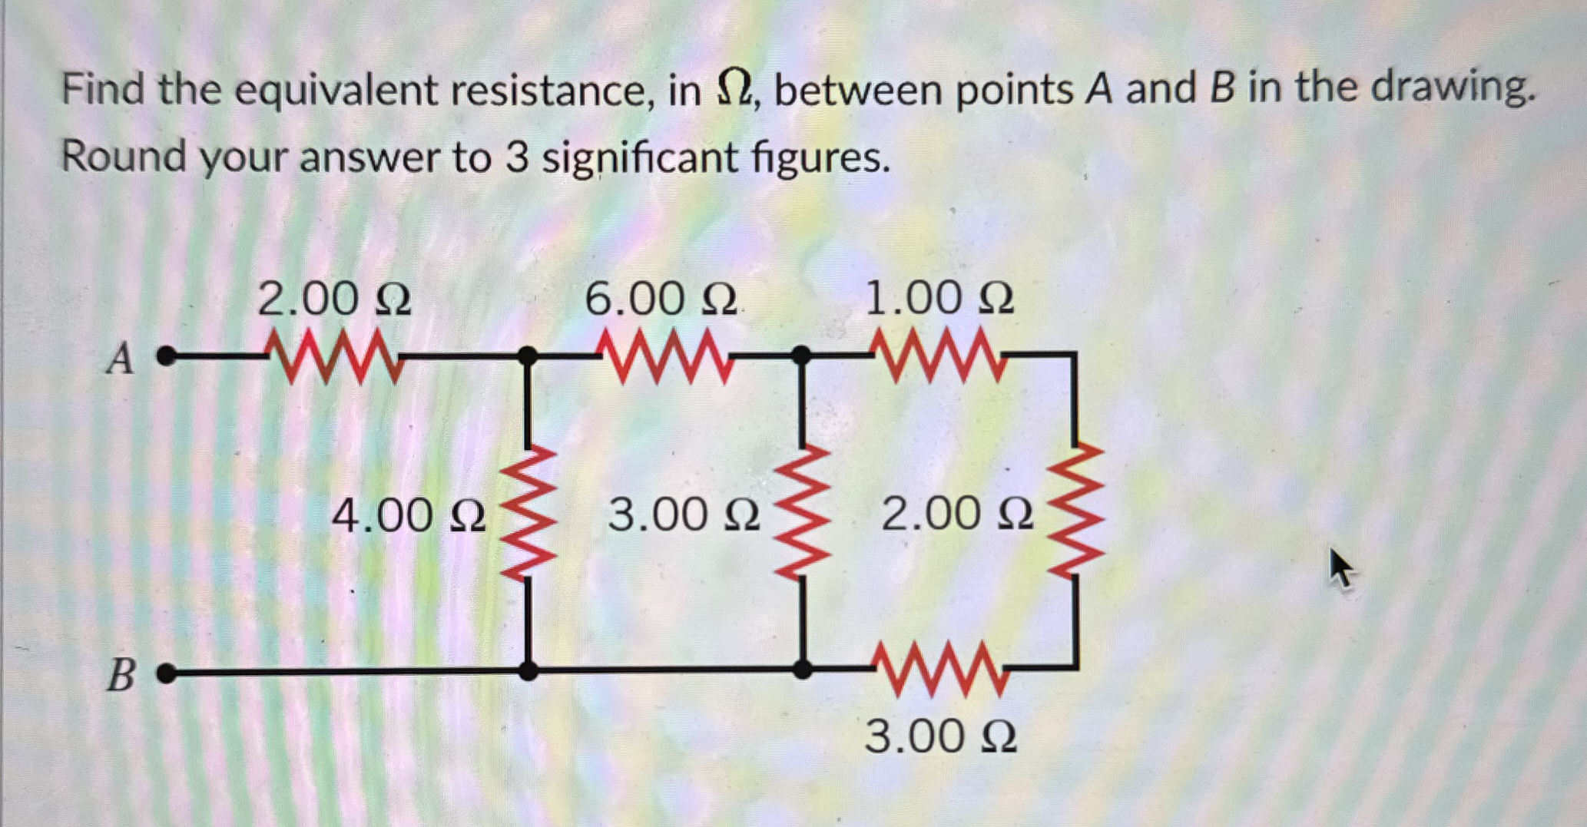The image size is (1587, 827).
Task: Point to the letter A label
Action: (121, 359)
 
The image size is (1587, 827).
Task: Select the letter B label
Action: (121, 676)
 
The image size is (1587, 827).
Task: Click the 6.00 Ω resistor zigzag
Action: (665, 356)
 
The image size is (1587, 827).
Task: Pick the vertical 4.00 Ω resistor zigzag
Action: (528, 512)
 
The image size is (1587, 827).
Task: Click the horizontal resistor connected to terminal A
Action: (334, 356)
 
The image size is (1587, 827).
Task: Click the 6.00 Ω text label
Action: (661, 299)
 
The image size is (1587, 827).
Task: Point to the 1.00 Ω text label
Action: (939, 298)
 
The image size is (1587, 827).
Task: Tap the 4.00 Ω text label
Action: (409, 515)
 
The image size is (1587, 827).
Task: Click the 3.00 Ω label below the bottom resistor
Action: (940, 736)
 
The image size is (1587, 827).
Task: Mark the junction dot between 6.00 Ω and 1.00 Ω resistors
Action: (801, 355)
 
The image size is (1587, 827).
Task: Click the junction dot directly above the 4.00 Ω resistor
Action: (527, 356)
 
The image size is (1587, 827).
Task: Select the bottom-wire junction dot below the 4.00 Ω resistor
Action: (528, 670)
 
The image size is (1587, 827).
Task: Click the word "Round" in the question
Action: (124, 157)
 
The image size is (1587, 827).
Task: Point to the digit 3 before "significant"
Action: (517, 158)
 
